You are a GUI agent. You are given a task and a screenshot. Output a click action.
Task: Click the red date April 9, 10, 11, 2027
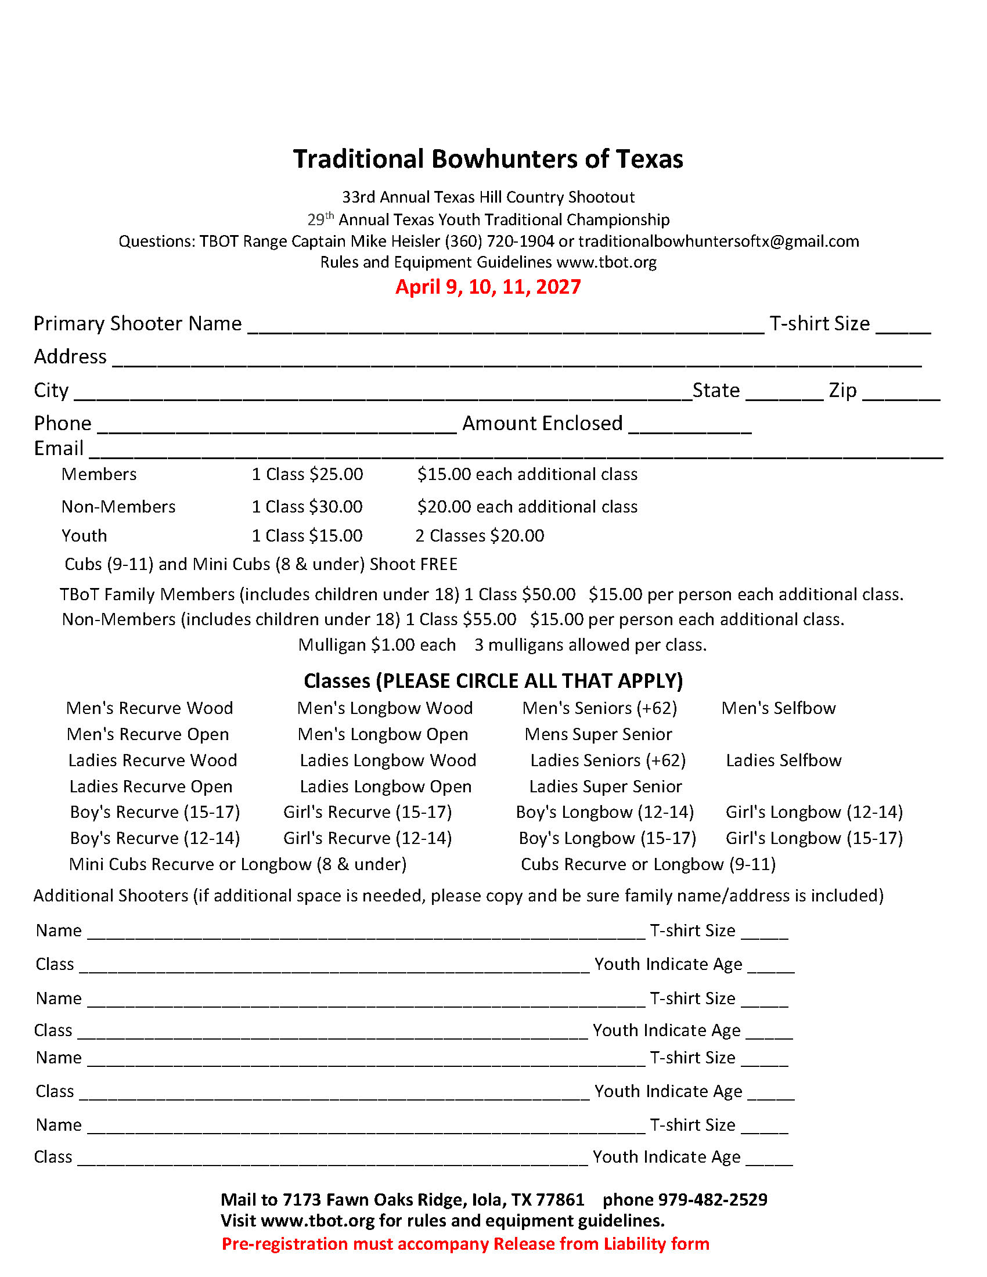point(488,287)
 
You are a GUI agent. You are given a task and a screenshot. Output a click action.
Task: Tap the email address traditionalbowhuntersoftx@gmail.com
point(719,241)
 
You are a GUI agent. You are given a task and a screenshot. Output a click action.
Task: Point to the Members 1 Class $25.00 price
point(307,474)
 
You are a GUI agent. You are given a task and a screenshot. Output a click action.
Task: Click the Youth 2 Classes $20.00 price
point(480,536)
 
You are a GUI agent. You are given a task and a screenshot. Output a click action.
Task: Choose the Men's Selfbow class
point(778,708)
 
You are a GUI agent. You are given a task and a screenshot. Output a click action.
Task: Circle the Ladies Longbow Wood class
point(388,760)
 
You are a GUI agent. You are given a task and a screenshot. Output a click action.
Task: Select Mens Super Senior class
point(598,734)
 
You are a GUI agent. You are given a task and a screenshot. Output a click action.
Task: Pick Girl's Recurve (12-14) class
point(367,838)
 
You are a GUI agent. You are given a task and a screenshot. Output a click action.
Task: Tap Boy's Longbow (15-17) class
point(607,838)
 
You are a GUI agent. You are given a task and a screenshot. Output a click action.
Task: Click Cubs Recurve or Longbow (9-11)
point(648,864)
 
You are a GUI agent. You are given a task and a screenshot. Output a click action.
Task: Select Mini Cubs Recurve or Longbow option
point(237,864)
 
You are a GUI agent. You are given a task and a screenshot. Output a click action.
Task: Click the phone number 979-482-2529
point(713,1200)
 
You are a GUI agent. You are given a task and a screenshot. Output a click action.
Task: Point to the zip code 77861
point(560,1200)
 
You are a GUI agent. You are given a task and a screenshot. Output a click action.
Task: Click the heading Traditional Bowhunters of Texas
point(488,159)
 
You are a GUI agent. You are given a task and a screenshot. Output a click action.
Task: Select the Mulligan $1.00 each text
point(377,645)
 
